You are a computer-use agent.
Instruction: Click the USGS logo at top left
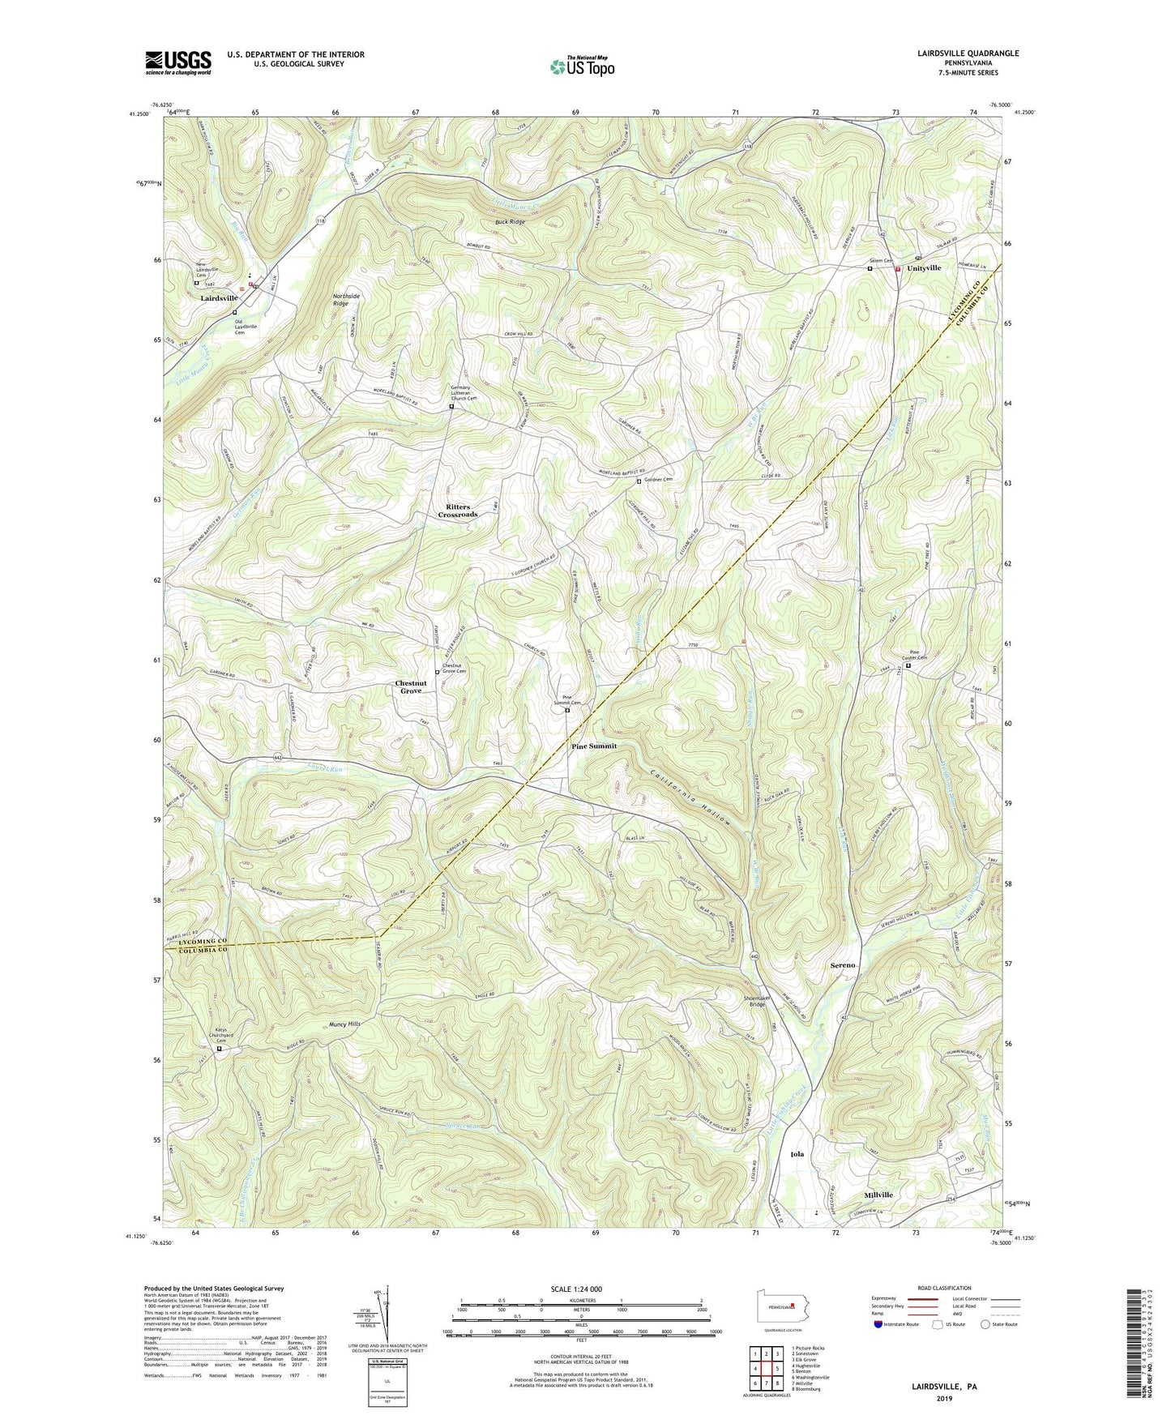point(178,62)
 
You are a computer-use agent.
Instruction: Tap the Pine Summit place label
point(594,746)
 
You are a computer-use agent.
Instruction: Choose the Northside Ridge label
point(347,300)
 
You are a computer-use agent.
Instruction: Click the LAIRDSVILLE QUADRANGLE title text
point(964,53)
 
